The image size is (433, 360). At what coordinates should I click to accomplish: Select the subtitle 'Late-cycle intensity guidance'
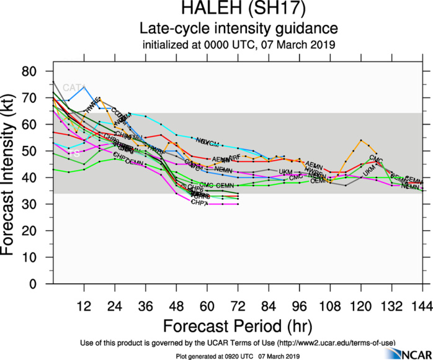(x=239, y=29)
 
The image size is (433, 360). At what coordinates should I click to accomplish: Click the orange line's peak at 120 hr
(x=361, y=140)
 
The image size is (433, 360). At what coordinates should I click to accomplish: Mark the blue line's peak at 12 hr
(x=84, y=87)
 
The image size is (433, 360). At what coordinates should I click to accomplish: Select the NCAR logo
(x=406, y=353)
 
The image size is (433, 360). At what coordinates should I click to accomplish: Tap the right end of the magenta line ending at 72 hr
(x=238, y=204)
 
